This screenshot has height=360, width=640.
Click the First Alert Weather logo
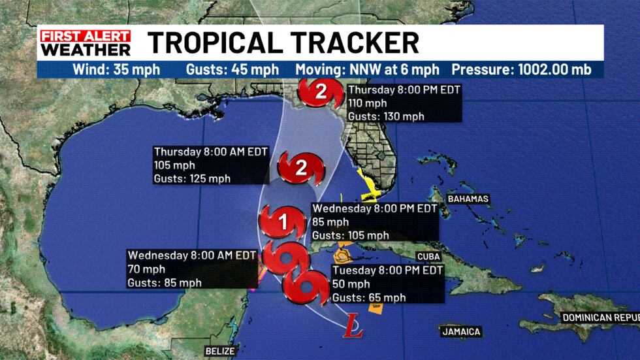(x=86, y=42)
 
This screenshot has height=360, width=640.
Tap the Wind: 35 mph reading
(x=116, y=70)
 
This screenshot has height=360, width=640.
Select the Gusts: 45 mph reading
(x=232, y=70)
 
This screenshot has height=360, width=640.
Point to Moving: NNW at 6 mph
(x=367, y=70)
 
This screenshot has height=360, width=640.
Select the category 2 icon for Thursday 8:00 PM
(x=320, y=92)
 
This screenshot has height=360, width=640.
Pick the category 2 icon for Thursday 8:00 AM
(x=301, y=169)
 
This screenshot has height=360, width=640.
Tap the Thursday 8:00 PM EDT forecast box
(x=404, y=103)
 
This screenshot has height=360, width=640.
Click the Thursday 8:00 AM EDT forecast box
(x=210, y=164)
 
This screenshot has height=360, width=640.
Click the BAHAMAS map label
(x=468, y=199)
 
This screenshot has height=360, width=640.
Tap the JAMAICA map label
(x=461, y=332)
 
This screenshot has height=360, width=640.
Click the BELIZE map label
(x=219, y=351)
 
